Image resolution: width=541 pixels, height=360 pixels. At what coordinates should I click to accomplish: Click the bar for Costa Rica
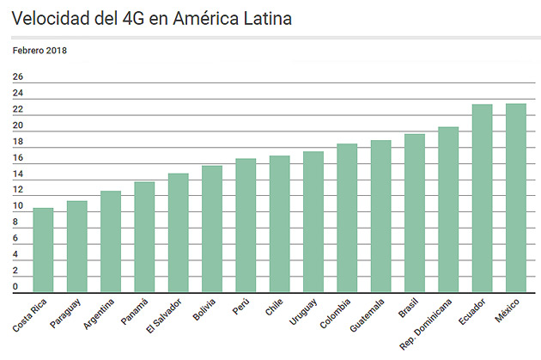[x=43, y=250]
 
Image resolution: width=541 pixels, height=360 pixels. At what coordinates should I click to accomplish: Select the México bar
[x=516, y=198]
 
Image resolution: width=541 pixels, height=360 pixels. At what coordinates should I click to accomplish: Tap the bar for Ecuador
[x=483, y=198]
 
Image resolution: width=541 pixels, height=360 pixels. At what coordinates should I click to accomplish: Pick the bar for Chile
[x=279, y=223]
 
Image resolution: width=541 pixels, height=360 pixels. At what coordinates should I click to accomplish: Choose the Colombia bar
[x=347, y=218]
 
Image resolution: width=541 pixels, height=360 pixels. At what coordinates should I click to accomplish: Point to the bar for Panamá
[x=144, y=237]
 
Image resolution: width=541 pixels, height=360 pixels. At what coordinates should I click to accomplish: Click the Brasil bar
[x=415, y=213]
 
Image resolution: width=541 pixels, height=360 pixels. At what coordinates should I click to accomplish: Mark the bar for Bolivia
[x=212, y=229]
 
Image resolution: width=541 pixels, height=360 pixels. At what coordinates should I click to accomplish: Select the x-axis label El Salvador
[x=163, y=315]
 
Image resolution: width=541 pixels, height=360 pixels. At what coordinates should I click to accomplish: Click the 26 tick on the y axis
[x=18, y=77]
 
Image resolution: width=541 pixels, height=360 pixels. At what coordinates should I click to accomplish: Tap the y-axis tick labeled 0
[x=15, y=286]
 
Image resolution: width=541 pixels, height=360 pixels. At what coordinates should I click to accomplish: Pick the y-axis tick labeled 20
[x=18, y=126]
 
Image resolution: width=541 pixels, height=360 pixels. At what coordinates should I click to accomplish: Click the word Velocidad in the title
[x=51, y=18]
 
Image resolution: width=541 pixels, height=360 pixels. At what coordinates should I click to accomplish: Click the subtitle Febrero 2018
[x=40, y=50]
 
